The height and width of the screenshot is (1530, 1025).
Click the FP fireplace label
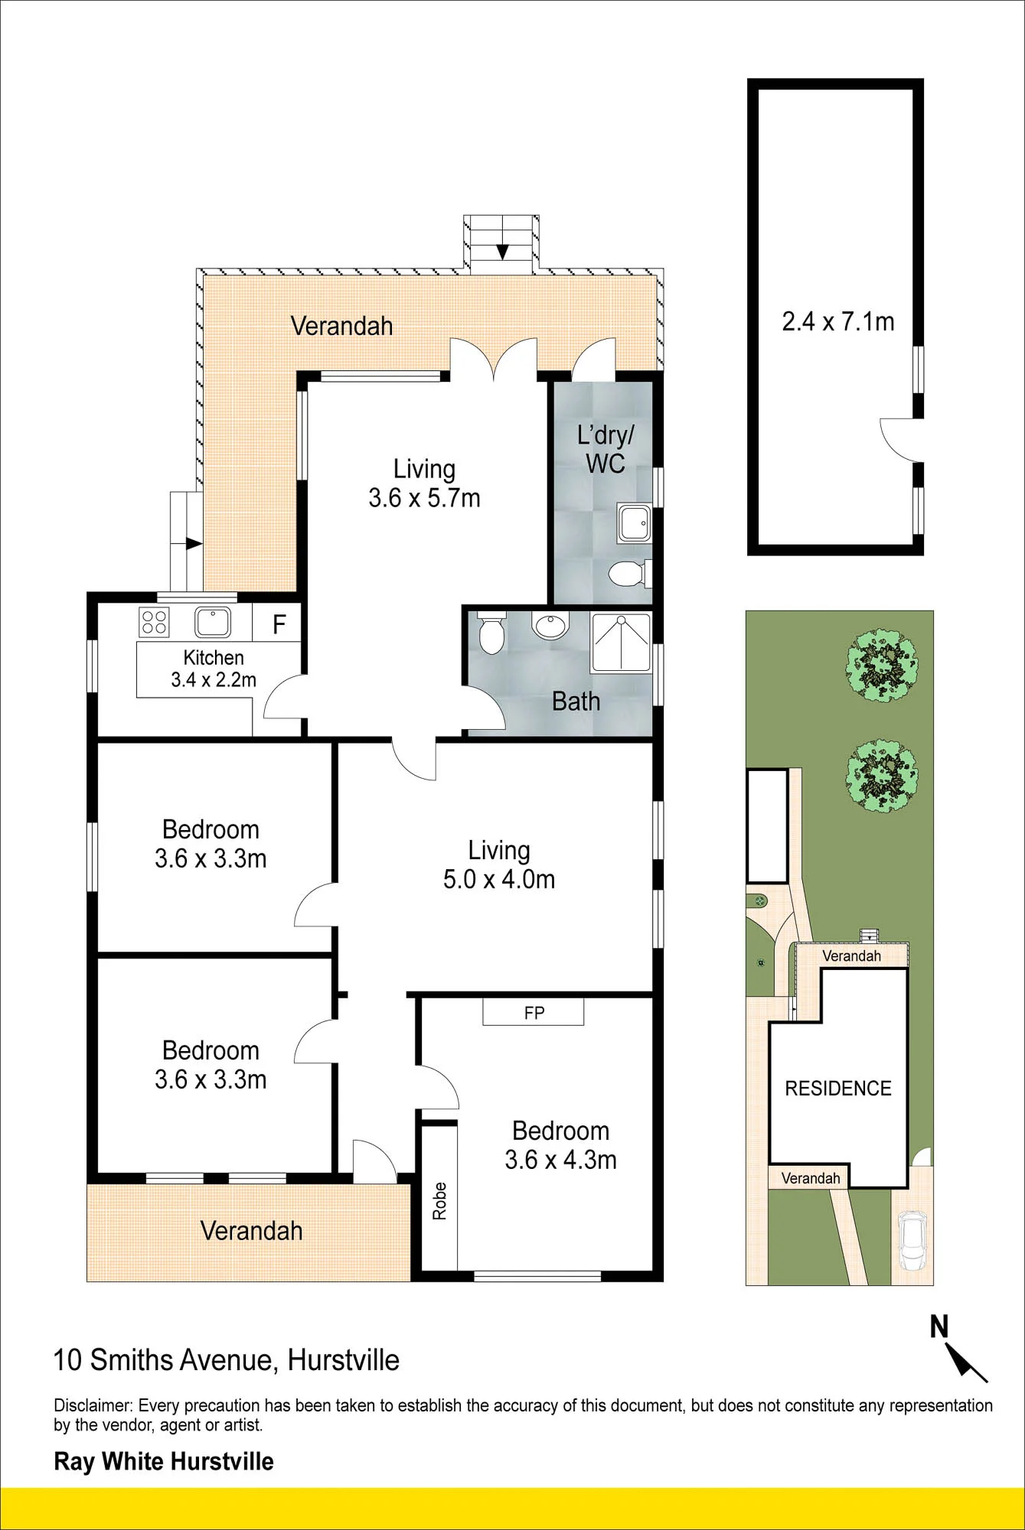tap(534, 1013)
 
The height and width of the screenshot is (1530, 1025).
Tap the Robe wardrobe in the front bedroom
tap(439, 1199)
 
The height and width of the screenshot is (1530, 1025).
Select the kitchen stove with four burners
tap(154, 622)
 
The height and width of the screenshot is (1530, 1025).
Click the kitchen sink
tap(213, 622)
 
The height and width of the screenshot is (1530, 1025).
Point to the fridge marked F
tap(279, 624)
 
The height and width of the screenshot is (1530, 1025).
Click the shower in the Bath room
tap(621, 643)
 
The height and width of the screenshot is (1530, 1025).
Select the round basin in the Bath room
tap(550, 627)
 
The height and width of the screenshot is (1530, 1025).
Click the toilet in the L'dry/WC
tap(630, 572)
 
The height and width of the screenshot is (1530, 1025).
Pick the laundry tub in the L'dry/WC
tap(634, 522)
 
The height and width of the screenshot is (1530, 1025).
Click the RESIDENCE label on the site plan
tap(838, 1089)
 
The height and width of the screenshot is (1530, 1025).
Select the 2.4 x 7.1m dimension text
tap(838, 321)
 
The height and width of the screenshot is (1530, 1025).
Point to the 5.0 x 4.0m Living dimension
tap(499, 879)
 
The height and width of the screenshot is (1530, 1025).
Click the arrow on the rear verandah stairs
tap(502, 251)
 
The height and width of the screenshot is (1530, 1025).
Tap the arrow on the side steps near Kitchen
tap(193, 543)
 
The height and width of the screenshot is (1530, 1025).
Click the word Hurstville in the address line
tap(344, 1360)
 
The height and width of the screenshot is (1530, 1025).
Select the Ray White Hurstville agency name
tap(164, 1462)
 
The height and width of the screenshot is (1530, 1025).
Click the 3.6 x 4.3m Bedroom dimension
tap(560, 1160)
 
